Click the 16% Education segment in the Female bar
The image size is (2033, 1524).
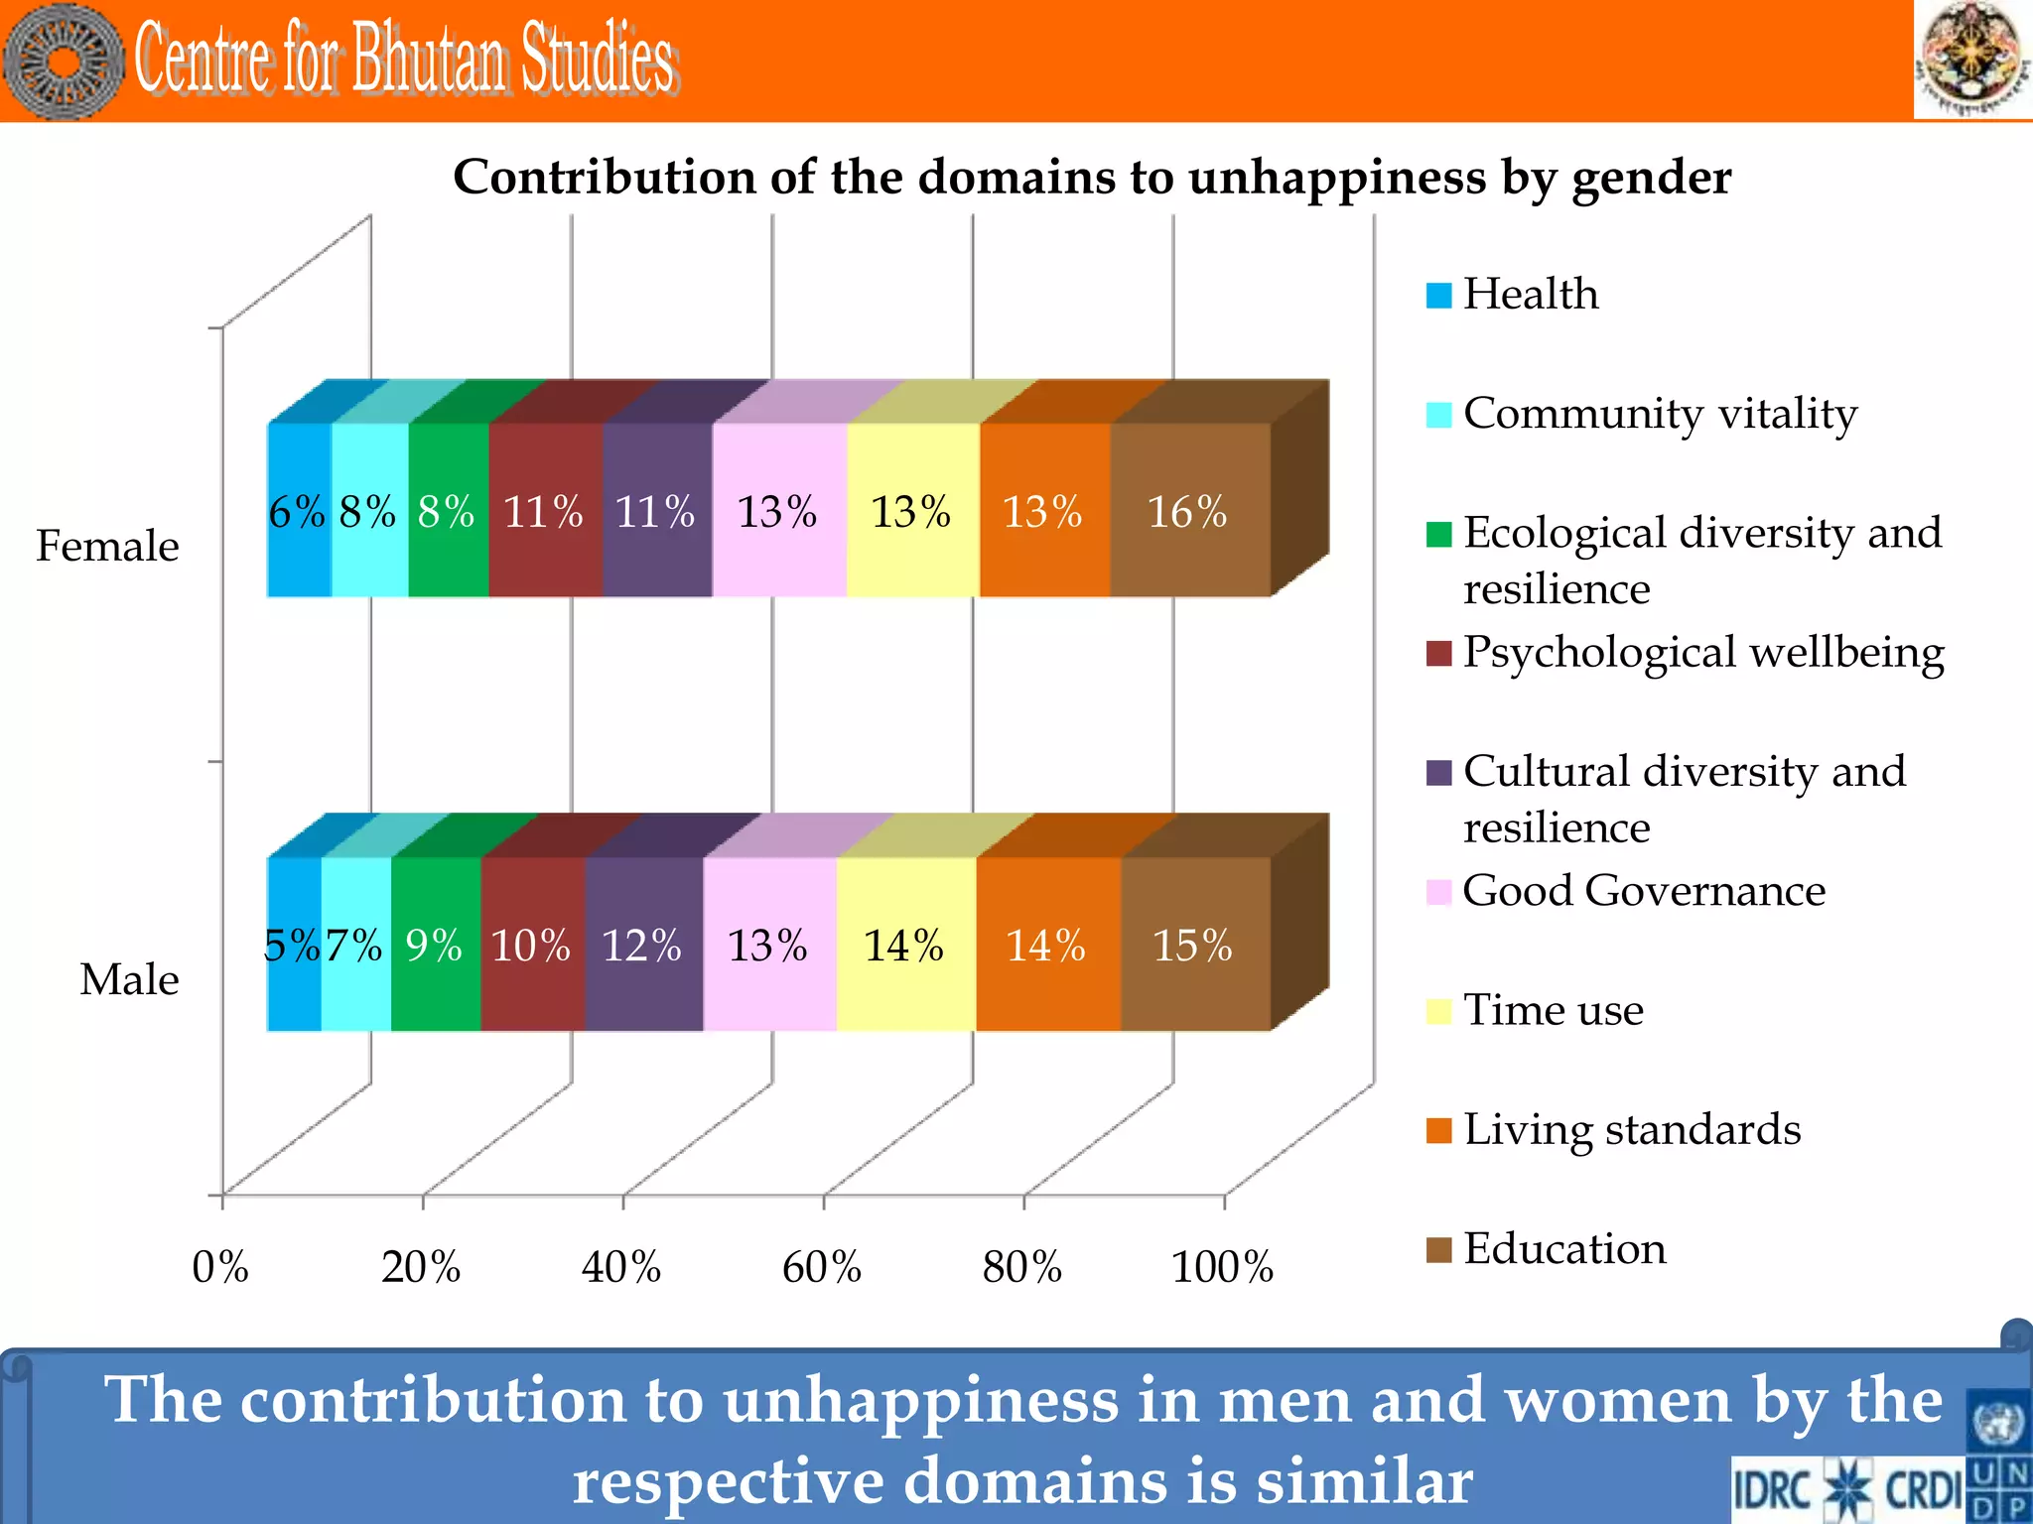click(1189, 511)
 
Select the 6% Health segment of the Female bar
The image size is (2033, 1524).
click(298, 511)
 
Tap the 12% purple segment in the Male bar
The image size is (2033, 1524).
click(643, 945)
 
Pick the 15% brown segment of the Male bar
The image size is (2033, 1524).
click(1194, 945)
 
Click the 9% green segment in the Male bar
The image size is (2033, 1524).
click(435, 945)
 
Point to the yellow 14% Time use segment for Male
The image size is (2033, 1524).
click(904, 945)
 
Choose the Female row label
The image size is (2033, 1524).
click(107, 546)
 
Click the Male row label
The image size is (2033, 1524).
click(129, 979)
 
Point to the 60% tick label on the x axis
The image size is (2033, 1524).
click(822, 1267)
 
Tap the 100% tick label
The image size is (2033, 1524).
click(1223, 1267)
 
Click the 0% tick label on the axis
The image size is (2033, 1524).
click(220, 1267)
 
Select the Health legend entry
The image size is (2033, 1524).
click(1530, 295)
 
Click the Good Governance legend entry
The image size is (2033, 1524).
click(1643, 891)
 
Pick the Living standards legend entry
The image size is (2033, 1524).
click(1631, 1129)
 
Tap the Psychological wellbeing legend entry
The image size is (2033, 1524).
click(1702, 653)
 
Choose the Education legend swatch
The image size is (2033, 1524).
click(1438, 1249)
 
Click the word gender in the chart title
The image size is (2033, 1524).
click(1651, 179)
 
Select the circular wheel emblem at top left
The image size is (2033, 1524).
click(64, 62)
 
